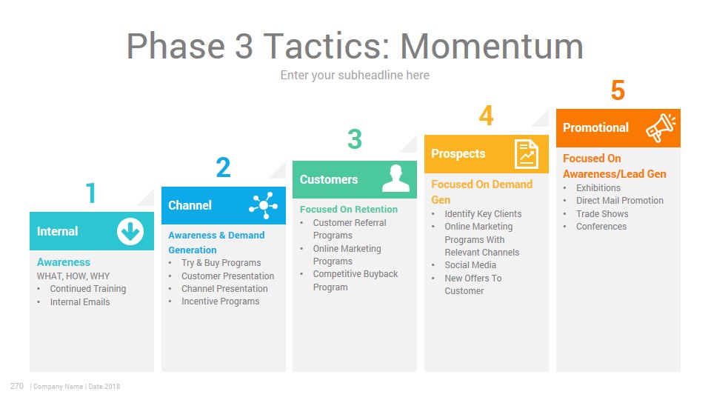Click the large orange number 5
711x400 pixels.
click(618, 90)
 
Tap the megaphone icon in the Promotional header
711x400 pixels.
click(661, 128)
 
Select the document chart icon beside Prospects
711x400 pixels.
click(526, 154)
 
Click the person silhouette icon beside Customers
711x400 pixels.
click(395, 179)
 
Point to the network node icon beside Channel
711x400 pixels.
click(264, 205)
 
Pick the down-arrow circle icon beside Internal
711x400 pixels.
click(130, 231)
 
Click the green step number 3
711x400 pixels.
click(355, 139)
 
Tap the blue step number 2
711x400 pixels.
click(223, 167)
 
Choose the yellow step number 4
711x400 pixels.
click(486, 116)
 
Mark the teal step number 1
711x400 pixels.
click(90, 193)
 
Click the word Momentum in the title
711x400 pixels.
click(491, 46)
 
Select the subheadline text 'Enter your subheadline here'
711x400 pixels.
click(355, 76)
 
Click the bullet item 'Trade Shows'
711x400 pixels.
click(602, 213)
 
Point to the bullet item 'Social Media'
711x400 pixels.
click(470, 265)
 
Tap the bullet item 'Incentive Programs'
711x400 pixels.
click(221, 301)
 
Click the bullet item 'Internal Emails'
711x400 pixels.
click(80, 302)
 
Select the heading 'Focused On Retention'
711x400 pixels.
click(349, 209)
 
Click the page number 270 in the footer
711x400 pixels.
click(17, 386)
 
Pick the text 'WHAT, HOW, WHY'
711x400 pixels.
click(73, 276)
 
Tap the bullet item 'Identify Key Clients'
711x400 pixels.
click(483, 214)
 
